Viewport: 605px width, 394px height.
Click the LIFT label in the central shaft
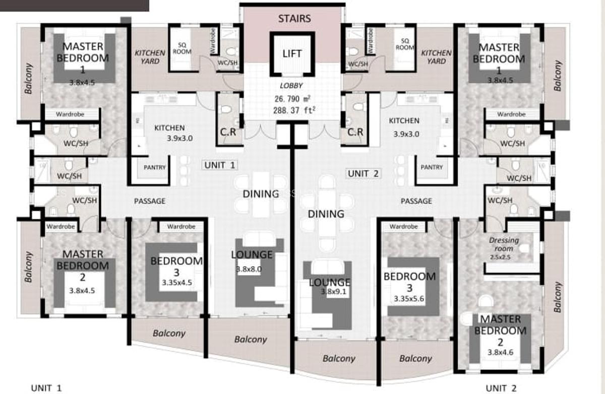tap(292, 54)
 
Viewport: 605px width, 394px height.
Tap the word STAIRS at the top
tap(294, 19)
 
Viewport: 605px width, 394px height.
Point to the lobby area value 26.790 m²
tap(291, 99)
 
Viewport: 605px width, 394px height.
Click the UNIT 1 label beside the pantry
tap(219, 165)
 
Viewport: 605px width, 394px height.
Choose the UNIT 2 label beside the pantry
tap(363, 173)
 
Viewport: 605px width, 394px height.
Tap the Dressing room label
tap(504, 244)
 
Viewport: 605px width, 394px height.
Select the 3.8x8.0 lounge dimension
tap(249, 270)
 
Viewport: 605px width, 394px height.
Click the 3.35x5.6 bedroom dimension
tap(409, 299)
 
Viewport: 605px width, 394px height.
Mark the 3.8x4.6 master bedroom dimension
tap(501, 352)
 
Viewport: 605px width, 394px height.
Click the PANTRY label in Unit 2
tap(432, 167)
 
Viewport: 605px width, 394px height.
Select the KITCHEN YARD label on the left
tap(150, 56)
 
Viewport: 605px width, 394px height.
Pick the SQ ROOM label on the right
tap(404, 44)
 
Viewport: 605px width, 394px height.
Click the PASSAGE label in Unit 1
tap(150, 201)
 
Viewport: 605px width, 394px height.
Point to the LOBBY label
tap(291, 86)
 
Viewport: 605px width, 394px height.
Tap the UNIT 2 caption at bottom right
tap(501, 388)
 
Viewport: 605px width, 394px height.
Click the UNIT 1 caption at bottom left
tap(46, 388)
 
